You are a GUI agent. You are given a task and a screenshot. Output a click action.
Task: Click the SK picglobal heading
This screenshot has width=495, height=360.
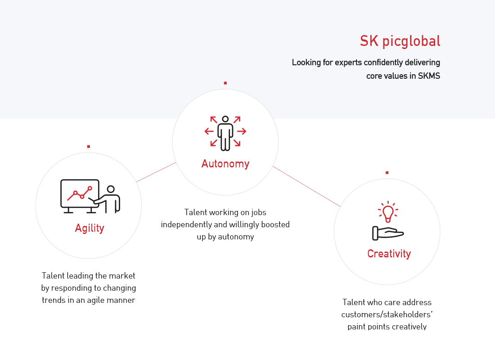pos(400,41)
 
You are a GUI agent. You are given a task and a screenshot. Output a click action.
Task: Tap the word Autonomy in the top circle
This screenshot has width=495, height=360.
pos(225,164)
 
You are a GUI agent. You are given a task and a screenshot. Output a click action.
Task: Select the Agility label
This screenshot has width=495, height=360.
pos(90,229)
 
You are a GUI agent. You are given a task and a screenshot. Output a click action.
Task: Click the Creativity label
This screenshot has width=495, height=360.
pos(389,254)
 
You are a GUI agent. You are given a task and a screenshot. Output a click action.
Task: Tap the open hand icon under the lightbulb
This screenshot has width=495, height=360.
pos(387,233)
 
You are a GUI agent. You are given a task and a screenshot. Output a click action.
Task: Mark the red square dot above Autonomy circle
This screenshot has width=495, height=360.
pos(225,83)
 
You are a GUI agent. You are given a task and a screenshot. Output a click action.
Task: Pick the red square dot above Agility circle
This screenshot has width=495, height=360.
pos(88,146)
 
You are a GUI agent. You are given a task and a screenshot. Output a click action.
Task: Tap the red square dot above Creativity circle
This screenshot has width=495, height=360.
pos(387,172)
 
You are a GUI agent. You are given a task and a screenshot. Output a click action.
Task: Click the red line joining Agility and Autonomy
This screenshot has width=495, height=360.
pos(156,172)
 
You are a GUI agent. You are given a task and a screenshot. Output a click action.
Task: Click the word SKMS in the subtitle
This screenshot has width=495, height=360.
pos(429,76)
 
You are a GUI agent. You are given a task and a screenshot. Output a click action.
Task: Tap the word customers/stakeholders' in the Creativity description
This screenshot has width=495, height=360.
pos(386,314)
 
